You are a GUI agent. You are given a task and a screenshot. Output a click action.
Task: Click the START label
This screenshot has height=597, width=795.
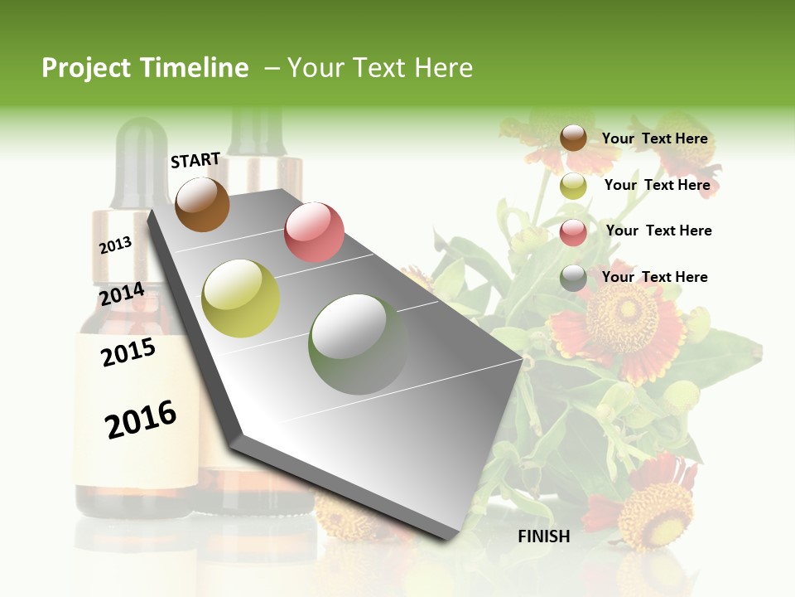click(x=195, y=160)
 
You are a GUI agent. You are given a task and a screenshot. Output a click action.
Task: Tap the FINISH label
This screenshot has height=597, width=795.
click(x=543, y=536)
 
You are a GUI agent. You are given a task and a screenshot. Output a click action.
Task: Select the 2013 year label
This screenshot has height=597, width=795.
click(x=115, y=245)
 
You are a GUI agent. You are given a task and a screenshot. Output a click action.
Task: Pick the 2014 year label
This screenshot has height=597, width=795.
click(x=122, y=294)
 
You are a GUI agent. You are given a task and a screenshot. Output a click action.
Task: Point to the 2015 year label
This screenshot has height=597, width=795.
click(x=128, y=352)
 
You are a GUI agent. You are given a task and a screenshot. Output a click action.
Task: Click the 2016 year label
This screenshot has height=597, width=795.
click(x=141, y=420)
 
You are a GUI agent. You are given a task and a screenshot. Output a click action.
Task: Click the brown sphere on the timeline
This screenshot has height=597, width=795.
click(x=202, y=204)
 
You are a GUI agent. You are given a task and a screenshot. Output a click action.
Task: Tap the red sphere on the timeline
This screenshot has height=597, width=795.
click(x=314, y=232)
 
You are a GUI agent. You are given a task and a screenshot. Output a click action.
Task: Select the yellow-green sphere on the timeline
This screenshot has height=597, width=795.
click(x=241, y=298)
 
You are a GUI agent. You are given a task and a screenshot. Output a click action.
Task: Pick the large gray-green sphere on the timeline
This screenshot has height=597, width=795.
click(x=358, y=344)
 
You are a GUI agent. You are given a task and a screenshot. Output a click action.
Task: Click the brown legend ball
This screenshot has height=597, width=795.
click(x=573, y=138)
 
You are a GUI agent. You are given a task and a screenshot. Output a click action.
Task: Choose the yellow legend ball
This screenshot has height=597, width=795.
click(x=573, y=186)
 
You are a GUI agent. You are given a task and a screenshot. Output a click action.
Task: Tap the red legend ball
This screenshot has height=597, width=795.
click(x=573, y=232)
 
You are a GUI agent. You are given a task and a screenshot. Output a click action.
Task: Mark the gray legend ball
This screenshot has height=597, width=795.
click(x=573, y=279)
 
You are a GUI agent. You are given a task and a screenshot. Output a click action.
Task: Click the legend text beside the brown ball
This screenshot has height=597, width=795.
click(x=654, y=138)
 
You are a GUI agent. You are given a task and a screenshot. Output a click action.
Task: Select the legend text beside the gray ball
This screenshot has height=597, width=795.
click(x=654, y=277)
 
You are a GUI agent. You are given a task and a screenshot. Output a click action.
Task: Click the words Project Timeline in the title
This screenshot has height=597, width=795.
click(x=145, y=68)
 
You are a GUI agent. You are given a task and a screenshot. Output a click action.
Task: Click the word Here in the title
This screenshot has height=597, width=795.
click(x=443, y=68)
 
